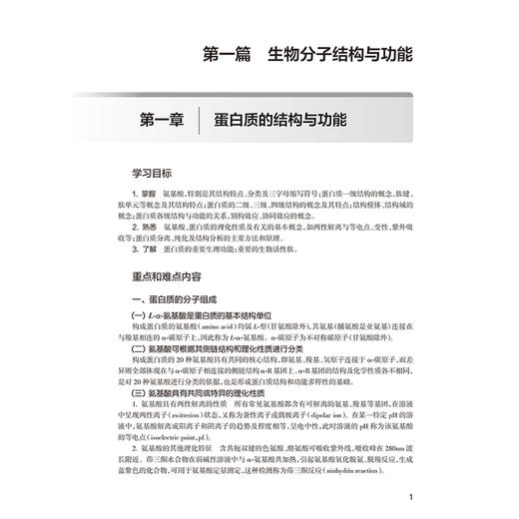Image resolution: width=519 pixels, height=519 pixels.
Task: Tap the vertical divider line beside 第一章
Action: [201, 121]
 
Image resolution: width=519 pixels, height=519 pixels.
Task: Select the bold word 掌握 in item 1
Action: [148, 192]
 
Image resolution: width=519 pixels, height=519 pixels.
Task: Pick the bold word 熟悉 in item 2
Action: [148, 229]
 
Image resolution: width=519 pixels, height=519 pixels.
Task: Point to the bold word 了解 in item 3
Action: [148, 254]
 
